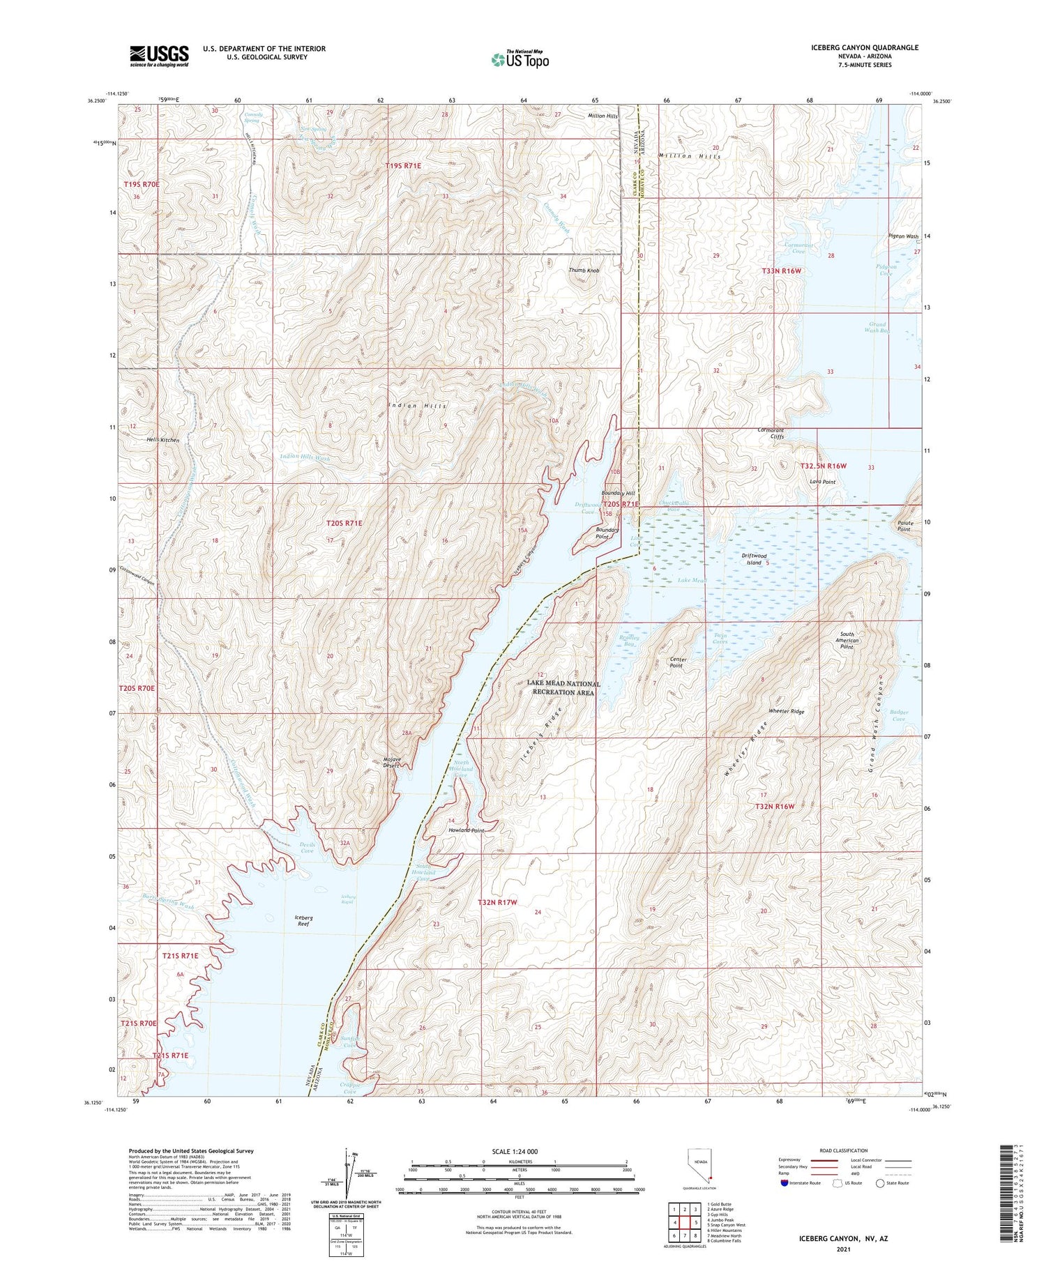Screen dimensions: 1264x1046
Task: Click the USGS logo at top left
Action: click(x=159, y=56)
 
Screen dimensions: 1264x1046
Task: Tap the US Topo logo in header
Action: click(x=520, y=60)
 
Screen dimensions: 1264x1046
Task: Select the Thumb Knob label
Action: click(x=584, y=271)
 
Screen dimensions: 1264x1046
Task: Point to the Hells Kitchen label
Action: click(x=163, y=441)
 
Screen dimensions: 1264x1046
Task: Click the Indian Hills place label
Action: click(x=418, y=405)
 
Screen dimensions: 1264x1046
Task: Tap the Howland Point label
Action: click(x=466, y=831)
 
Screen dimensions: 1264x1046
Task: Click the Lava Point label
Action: click(x=822, y=482)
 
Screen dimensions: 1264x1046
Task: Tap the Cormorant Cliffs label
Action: click(x=771, y=434)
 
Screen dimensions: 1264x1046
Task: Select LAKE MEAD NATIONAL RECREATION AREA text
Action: click(x=563, y=688)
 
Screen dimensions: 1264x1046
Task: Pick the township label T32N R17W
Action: click(x=498, y=902)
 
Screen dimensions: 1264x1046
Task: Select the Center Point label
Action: click(x=678, y=662)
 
